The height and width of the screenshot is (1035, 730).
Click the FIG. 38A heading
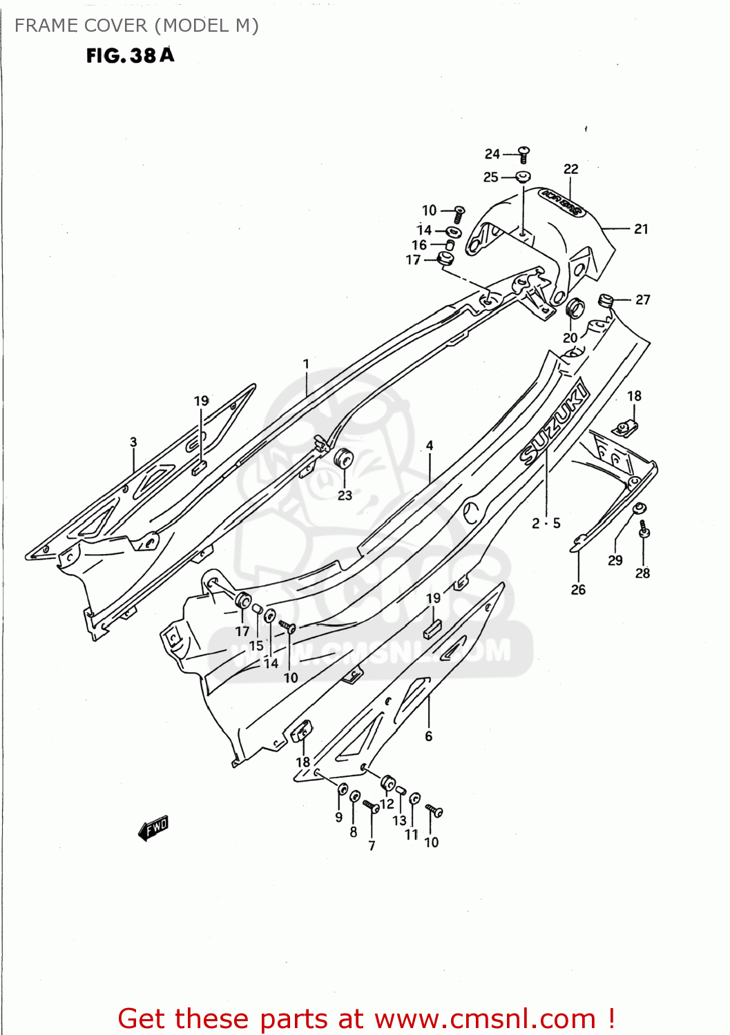130,55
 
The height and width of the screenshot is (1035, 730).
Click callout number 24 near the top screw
492,154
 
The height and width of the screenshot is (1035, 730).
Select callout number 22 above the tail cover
570,169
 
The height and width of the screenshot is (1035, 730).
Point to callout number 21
641,229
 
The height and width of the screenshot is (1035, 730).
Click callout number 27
642,299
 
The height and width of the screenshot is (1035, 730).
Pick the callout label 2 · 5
546,524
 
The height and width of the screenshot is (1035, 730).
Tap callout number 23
345,495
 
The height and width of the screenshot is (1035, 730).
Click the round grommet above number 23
343,458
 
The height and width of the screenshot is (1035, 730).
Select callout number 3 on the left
133,442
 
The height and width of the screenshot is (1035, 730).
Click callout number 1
306,364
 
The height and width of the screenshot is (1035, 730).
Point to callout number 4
430,446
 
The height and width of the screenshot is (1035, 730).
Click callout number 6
428,736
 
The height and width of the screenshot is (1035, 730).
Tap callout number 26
578,589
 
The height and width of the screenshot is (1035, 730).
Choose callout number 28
642,573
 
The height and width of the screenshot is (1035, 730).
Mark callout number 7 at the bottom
372,845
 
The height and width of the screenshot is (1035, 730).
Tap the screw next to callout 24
524,154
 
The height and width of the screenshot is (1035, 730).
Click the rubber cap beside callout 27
606,300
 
